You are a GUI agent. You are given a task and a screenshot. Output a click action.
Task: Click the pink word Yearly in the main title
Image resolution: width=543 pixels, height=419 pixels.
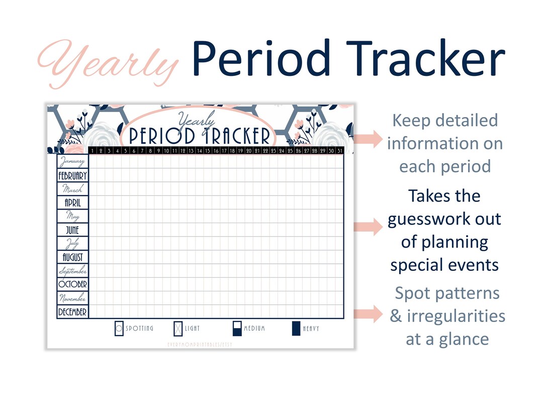(108, 63)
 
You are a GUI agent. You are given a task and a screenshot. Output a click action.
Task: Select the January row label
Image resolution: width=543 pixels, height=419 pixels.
(72, 162)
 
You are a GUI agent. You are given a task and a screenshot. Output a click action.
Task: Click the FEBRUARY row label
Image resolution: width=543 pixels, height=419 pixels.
(72, 176)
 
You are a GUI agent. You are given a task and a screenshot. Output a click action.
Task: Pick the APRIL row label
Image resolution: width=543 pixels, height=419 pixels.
(72, 203)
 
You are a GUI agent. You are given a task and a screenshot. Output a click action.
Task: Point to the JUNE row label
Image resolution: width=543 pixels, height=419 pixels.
(72, 230)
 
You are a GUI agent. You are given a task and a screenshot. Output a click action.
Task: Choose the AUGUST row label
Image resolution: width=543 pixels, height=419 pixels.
(72, 257)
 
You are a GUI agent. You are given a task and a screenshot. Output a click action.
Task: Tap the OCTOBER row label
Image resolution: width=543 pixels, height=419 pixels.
(72, 284)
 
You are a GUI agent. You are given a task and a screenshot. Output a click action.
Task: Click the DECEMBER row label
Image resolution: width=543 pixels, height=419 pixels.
(72, 312)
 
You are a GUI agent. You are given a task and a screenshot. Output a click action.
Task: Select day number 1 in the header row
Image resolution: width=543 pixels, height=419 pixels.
(93, 150)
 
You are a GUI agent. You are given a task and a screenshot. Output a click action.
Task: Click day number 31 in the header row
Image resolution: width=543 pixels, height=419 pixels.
(339, 150)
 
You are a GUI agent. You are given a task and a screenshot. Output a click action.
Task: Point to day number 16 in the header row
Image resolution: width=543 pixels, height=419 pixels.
(216, 150)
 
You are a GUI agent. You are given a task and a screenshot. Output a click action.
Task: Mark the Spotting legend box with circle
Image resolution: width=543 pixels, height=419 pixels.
(119, 329)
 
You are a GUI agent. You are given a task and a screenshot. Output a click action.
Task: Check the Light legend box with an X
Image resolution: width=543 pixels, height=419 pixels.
(177, 329)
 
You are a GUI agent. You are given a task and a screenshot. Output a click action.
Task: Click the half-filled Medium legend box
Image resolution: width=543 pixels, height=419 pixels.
(237, 329)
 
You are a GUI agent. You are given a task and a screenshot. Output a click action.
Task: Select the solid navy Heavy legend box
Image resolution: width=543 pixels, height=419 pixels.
(296, 329)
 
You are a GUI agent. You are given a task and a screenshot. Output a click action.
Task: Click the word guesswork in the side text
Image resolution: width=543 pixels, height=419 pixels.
(444, 219)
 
